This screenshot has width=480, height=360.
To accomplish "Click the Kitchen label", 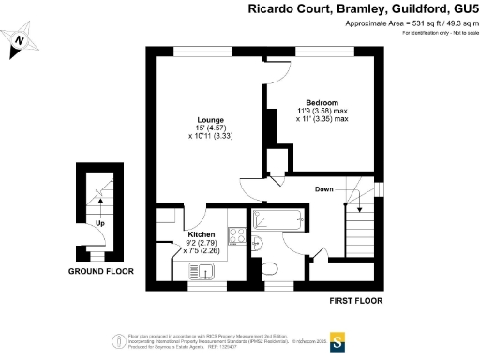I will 202,234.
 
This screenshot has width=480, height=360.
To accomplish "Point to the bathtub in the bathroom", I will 277,222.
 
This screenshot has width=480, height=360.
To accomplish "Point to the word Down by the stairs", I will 324,190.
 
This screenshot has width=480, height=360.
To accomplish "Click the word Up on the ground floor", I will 99,224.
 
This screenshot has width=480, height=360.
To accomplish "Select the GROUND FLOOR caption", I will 100,271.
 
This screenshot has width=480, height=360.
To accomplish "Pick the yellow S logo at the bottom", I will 337,340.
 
